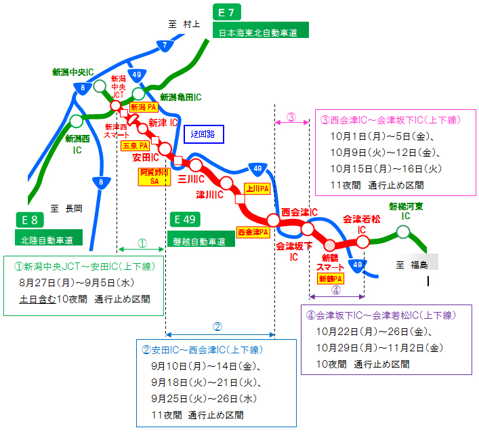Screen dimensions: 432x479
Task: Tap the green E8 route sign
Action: click(x=30, y=219)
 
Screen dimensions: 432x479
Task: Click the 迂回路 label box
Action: click(x=203, y=134)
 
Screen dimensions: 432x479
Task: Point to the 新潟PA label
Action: click(x=144, y=107)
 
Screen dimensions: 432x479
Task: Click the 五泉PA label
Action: click(x=135, y=145)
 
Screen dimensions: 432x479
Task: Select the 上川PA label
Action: click(x=257, y=188)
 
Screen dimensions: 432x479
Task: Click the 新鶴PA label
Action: click(x=330, y=278)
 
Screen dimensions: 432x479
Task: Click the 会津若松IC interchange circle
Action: click(x=362, y=241)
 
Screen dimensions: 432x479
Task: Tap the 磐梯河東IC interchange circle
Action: click(x=403, y=232)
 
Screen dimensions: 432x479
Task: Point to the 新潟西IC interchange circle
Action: click(x=77, y=121)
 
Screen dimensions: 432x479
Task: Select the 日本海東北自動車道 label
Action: click(x=260, y=31)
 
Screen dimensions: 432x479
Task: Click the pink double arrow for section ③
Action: click(x=291, y=123)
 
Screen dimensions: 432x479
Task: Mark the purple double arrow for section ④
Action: click(x=336, y=296)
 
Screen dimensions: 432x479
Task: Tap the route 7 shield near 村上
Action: click(x=164, y=45)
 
